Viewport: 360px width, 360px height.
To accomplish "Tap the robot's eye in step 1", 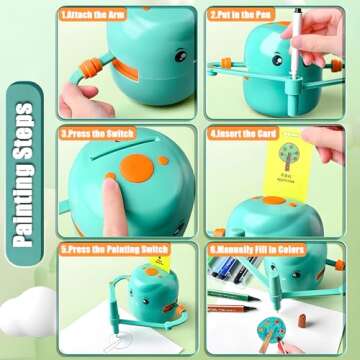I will click(x=181, y=57).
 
